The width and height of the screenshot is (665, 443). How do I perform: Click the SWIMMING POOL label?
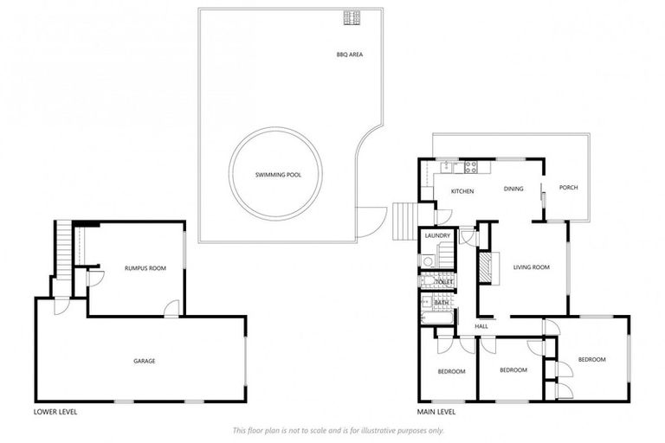click(275, 175)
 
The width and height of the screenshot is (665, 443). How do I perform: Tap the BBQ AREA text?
click(349, 55)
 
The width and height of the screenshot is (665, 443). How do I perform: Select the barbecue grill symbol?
click(352, 17)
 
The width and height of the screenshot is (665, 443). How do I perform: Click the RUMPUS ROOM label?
click(145, 268)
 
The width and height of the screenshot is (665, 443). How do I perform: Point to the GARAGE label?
click(144, 361)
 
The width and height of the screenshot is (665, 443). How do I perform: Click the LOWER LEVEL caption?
click(55, 412)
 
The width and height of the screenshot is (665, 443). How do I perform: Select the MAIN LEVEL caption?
click(436, 412)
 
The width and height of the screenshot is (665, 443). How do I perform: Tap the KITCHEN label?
click(462, 190)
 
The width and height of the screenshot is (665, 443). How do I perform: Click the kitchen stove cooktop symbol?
click(471, 166)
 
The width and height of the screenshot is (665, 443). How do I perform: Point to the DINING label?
click(513, 188)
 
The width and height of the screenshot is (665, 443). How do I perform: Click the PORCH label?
click(568, 188)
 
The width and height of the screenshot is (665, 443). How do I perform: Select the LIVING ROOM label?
click(531, 267)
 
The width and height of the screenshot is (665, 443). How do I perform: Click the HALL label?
click(481, 326)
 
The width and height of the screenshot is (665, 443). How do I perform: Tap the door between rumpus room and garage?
click(172, 308)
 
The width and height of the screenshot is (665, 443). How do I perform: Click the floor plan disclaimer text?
click(339, 430)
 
